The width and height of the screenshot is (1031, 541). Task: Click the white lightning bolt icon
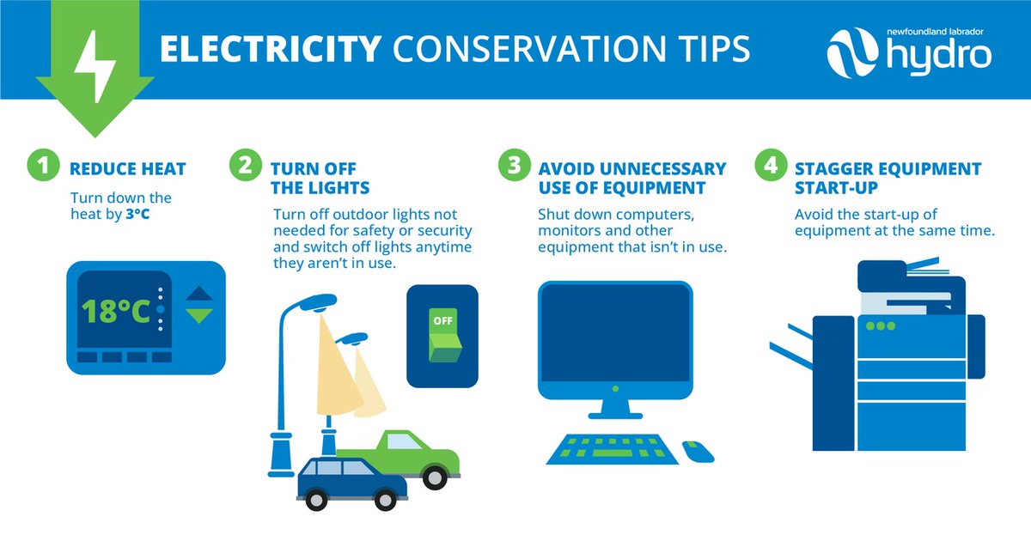coord(95,67)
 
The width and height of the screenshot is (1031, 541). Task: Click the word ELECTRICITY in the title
coord(271,49)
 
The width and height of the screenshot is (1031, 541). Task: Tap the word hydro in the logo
coord(939,56)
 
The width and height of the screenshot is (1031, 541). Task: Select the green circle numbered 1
coord(43,165)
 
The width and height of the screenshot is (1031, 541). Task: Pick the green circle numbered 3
coord(514,165)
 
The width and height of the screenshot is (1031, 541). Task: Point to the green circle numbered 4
coord(771,165)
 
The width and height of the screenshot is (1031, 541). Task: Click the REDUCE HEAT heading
coord(127,169)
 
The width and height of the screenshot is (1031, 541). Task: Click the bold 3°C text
coord(137,214)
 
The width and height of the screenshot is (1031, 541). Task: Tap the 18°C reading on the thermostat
coord(116,312)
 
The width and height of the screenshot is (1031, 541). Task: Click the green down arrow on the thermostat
coord(198,315)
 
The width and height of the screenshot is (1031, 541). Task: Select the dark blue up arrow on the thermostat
coord(198,294)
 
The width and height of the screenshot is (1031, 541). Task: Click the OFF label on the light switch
coord(442,320)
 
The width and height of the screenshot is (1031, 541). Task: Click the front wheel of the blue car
coord(385,499)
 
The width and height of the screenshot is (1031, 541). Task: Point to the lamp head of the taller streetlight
coord(317,302)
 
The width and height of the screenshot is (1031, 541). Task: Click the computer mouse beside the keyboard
coord(698,452)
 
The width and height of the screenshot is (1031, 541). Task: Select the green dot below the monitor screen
coord(615,389)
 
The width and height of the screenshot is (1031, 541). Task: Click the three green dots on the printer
coord(881,326)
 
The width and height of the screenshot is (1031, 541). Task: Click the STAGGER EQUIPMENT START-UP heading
coord(888,178)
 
